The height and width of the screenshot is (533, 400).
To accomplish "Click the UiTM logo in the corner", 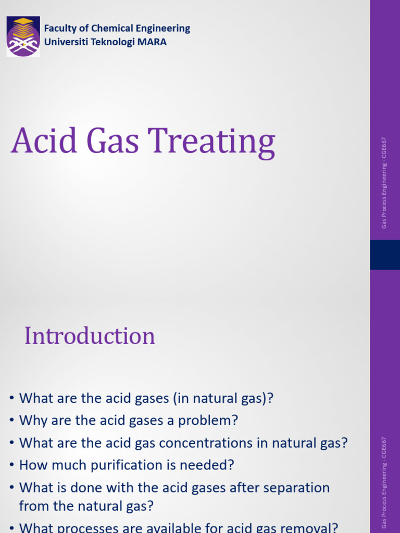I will pos(23,36).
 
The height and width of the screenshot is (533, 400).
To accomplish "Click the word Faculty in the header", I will pos(60,29).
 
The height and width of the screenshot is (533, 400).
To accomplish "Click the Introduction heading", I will pos(90,336).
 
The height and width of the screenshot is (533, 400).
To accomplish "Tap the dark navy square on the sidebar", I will pos(385,255).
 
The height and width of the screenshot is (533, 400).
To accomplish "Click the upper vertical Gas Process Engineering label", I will pos(384,182).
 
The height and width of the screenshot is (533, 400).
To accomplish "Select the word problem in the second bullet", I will pos(213,421).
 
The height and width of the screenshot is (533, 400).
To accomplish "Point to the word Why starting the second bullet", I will pos(31,421).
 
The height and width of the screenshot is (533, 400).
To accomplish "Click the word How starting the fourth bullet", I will pos(31,465).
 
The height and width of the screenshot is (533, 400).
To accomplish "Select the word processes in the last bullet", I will pos(83,528).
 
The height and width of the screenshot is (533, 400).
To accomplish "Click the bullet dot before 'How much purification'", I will pos(11,465).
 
